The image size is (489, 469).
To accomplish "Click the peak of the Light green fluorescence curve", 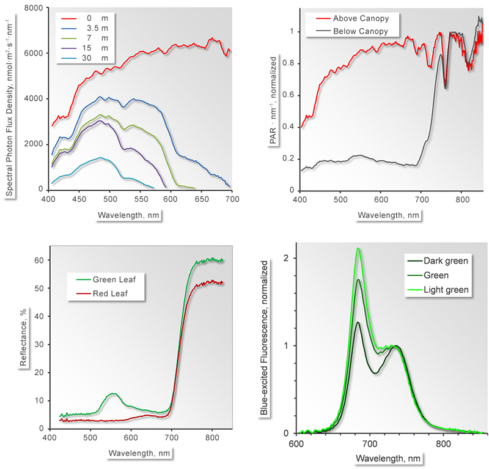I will (x=358, y=248).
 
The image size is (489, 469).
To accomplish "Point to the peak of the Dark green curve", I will (x=358, y=322).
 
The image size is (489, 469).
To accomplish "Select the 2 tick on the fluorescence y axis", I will (x=286, y=259).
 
